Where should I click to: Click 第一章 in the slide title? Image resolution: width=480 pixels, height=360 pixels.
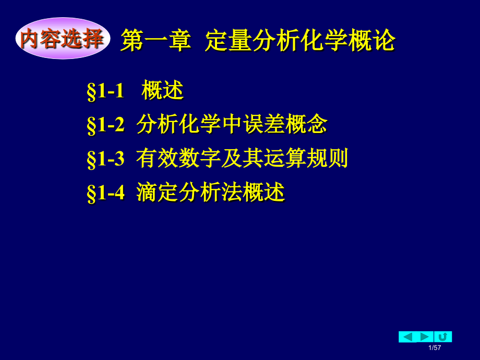point(155,41)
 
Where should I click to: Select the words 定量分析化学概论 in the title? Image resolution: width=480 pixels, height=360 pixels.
point(300,41)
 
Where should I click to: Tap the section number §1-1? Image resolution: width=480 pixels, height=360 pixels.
point(105,91)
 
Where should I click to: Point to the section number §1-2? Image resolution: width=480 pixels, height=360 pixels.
point(105,125)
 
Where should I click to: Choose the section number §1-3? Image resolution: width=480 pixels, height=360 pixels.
point(105,159)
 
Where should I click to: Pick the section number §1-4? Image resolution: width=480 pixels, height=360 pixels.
point(105,193)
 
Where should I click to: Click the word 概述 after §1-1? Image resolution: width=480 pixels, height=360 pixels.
point(163,91)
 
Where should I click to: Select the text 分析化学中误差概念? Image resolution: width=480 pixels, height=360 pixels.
point(232,125)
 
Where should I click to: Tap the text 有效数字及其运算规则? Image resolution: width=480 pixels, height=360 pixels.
point(242,159)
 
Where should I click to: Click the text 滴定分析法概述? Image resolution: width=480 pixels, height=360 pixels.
point(211,193)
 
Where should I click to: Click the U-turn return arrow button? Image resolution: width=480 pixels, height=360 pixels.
point(443,337)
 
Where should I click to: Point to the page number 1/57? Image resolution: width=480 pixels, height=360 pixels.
point(435,348)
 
